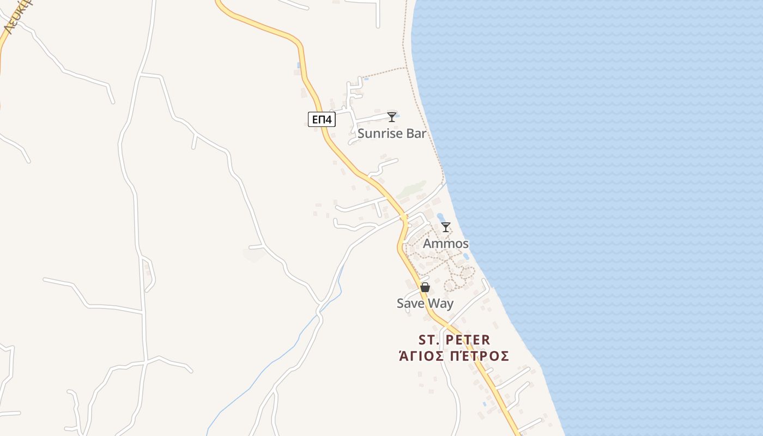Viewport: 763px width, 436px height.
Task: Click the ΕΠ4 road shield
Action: (322, 119)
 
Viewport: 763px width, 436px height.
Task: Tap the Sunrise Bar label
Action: (392, 134)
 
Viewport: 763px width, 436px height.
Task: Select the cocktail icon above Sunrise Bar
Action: (391, 117)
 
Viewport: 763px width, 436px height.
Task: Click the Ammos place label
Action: (446, 244)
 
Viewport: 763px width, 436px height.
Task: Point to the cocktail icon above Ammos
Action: (446, 227)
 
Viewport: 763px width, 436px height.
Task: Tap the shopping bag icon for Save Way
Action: (425, 287)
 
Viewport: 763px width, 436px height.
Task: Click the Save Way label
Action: (425, 304)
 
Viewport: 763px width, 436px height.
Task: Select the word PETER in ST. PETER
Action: (468, 340)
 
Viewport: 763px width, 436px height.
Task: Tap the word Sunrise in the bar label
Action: (379, 134)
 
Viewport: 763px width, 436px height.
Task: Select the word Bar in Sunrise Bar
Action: (415, 134)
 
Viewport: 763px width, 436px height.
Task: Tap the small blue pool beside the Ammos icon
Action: (440, 217)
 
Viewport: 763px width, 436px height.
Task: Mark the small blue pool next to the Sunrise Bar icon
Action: (397, 115)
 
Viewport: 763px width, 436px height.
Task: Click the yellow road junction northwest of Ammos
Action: (404, 218)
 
